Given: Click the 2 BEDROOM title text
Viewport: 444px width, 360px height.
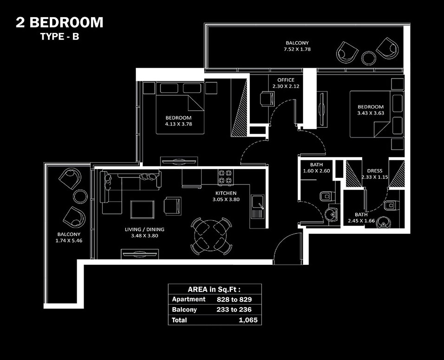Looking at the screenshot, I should click(x=60, y=22).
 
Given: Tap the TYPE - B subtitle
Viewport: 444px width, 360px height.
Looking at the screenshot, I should click(x=60, y=37).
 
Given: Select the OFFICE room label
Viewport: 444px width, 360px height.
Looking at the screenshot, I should click(x=285, y=80).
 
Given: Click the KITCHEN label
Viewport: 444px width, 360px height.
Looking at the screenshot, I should click(x=226, y=193).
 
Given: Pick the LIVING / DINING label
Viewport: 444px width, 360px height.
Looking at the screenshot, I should click(x=144, y=229).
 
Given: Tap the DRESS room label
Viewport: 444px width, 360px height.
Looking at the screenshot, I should click(x=374, y=170).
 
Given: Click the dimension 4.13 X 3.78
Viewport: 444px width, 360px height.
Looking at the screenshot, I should click(x=179, y=124).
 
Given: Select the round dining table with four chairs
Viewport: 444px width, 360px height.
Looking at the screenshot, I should click(x=212, y=236).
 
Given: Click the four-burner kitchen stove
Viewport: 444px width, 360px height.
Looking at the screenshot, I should click(x=225, y=177).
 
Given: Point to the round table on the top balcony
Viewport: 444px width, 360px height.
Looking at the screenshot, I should click(x=369, y=58).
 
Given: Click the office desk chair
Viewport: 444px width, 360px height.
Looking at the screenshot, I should click(x=267, y=98).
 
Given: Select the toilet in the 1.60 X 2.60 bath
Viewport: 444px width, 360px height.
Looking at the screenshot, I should click(x=325, y=196).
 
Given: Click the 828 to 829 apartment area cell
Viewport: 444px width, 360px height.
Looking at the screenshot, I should click(x=234, y=299).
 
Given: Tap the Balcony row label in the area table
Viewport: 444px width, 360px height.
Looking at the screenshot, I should click(x=185, y=309).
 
